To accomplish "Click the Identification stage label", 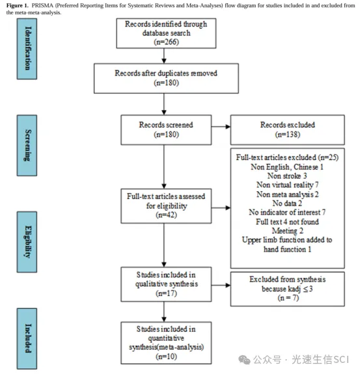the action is click(27, 49).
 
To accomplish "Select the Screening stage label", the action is click(27, 146).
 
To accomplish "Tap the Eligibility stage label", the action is click(27, 242).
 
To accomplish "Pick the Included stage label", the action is click(27, 338).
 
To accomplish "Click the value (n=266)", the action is click(167, 42).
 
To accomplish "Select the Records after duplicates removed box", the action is click(166, 78).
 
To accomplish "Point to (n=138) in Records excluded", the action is click(288, 135).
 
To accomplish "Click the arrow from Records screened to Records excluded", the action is click(221, 127).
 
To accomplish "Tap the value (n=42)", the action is click(167, 215).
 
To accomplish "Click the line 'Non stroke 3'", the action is click(287, 176).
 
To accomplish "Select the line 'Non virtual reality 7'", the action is click(288, 185).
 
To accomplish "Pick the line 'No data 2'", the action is click(287, 203).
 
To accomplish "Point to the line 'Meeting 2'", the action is click(288, 231).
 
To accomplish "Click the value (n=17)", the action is click(167, 293).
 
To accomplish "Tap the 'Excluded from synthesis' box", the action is click(288, 289).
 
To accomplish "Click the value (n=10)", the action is click(167, 356).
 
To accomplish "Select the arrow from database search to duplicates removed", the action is click(164, 56).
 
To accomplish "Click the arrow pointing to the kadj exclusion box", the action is click(221, 285).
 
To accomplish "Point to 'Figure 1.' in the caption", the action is click(17, 5).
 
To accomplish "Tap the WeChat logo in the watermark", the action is click(245, 360).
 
